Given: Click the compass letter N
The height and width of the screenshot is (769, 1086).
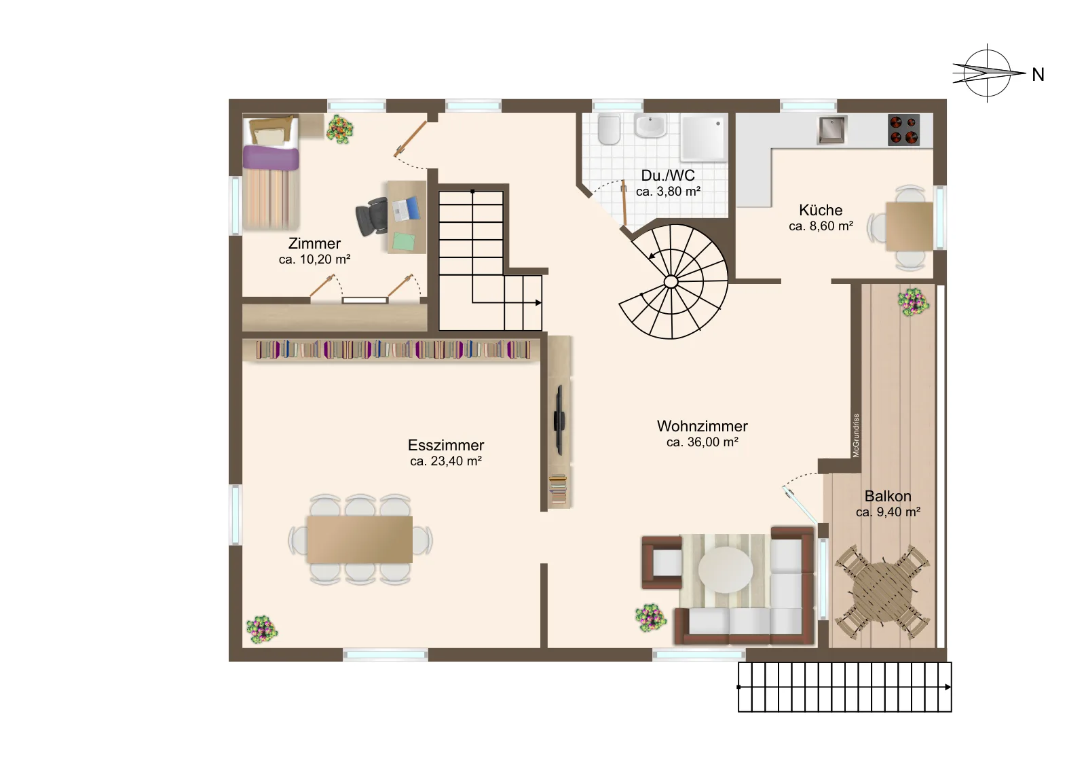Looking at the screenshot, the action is click(1038, 75).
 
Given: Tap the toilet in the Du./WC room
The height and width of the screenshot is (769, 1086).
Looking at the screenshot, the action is click(610, 129).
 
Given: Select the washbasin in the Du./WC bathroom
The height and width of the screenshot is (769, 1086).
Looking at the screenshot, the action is click(650, 126).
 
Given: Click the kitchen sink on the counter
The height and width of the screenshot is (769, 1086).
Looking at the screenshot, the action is click(832, 130).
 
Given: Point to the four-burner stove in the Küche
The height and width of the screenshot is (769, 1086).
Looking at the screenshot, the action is click(903, 130).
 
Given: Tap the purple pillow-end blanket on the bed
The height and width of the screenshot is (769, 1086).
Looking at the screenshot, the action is click(271, 158).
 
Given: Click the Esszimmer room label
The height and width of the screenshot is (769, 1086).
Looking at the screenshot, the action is click(445, 446).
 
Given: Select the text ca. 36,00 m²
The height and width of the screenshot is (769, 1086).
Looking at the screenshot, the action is click(702, 442).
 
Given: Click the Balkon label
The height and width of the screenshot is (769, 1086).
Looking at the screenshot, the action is click(888, 496).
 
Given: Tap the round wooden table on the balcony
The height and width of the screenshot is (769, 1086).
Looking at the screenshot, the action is click(882, 592).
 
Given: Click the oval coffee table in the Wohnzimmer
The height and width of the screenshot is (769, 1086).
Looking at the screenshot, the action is click(726, 570).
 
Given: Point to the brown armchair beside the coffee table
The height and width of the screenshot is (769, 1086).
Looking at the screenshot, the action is click(662, 562).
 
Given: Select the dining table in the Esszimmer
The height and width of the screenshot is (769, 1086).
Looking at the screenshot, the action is click(360, 539).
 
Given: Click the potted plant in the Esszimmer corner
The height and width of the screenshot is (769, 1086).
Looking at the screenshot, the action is click(262, 630).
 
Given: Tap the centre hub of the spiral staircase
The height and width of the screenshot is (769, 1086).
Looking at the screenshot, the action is click(671, 281).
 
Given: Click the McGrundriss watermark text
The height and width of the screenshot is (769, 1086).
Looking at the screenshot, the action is click(856, 435).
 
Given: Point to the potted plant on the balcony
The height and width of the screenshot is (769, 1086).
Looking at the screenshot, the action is click(914, 302).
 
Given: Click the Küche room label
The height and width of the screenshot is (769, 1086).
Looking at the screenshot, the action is click(821, 210).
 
